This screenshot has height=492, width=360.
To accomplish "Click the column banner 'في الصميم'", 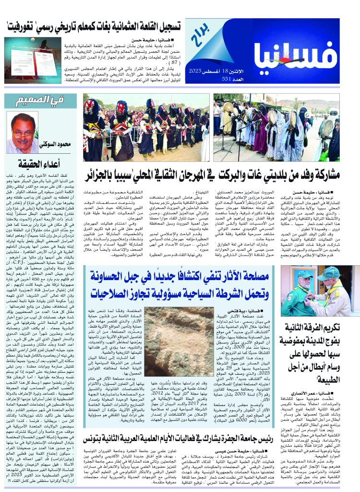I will (34, 102).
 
